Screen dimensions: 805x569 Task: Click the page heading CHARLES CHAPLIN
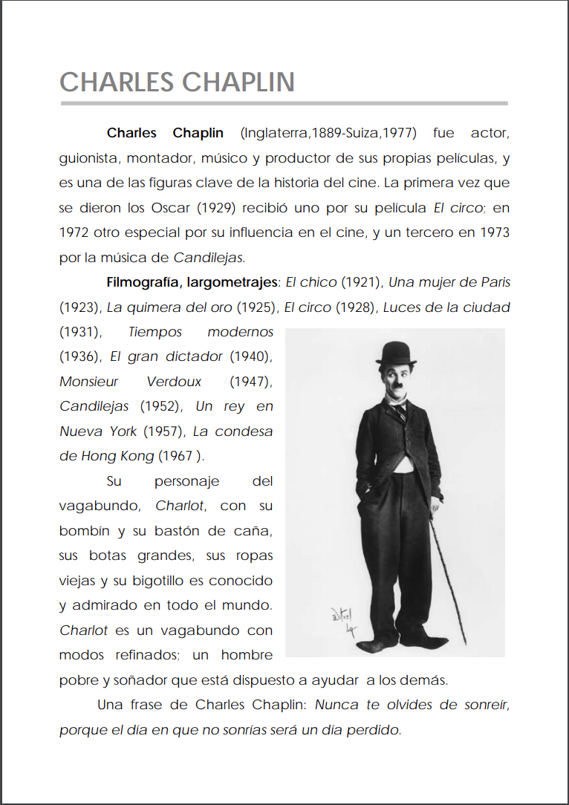[177, 82]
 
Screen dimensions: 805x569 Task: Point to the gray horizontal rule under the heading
[284, 103]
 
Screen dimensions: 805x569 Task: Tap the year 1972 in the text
[74, 232]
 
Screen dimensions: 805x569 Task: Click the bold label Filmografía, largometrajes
[191, 283]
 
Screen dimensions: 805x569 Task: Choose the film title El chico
[311, 283]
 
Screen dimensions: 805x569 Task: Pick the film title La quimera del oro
[169, 307]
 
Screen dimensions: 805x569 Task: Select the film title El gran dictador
[166, 356]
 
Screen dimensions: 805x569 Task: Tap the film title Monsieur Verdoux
[130, 382]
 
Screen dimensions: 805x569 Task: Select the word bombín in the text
[82, 531]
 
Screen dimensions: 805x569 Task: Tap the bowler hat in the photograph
[394, 353]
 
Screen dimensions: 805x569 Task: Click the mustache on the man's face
[396, 386]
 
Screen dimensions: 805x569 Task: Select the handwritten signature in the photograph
[343, 620]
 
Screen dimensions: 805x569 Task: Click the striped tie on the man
[400, 410]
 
